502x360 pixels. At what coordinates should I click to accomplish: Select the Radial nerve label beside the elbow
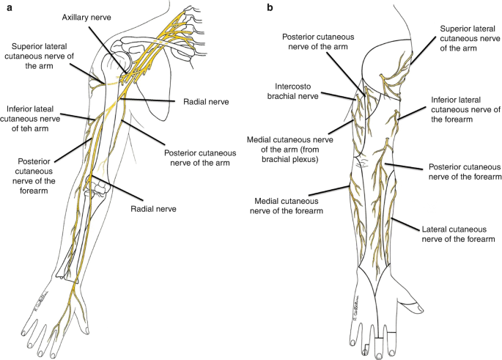tap(180, 209)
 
